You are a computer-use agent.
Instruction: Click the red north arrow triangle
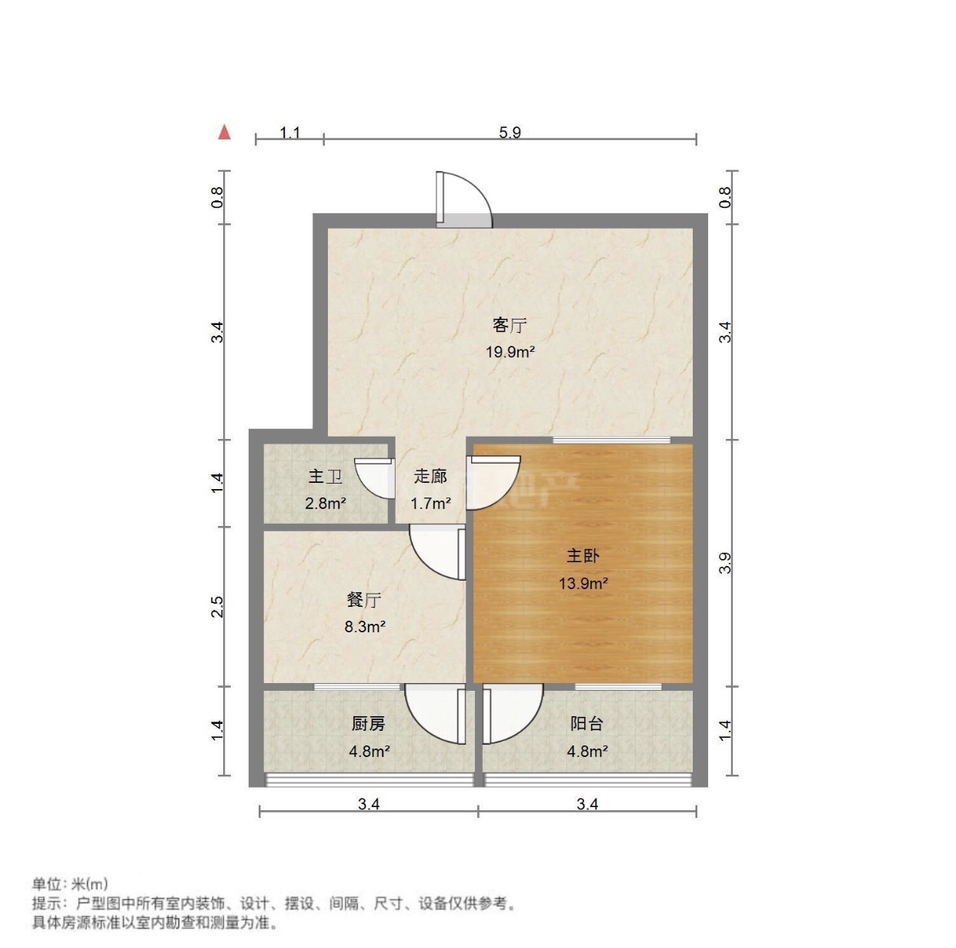[x=224, y=132]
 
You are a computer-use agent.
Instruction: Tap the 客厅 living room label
[x=510, y=325]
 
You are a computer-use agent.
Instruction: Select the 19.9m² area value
[x=510, y=352]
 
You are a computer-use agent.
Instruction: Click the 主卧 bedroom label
[x=583, y=555]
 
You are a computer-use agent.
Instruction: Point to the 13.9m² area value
[x=583, y=583]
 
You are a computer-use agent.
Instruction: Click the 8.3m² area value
[x=364, y=626]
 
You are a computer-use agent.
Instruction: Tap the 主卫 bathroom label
[x=325, y=477]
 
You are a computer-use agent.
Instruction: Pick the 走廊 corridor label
[x=430, y=477]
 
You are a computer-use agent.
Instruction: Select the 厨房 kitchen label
[x=368, y=723]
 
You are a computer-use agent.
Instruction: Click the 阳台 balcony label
[x=587, y=723]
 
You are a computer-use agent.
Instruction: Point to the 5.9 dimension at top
[x=510, y=132]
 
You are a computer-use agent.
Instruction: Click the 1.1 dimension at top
[x=289, y=132]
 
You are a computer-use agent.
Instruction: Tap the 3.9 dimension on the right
[x=724, y=563]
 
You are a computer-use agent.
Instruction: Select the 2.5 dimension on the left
[x=219, y=606]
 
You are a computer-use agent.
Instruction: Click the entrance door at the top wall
[x=463, y=200]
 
